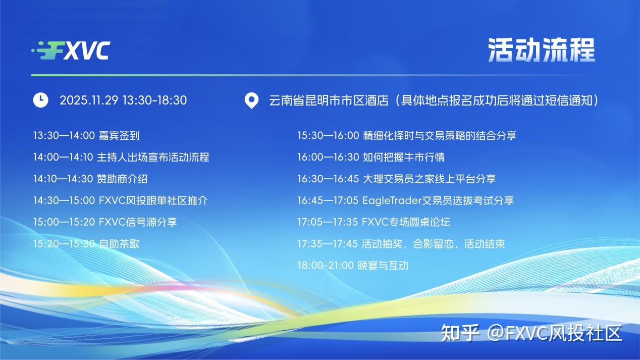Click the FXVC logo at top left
(x=71, y=50)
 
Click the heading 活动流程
(x=541, y=50)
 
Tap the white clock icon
(x=40, y=99)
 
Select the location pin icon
(x=251, y=100)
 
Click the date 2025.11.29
(x=89, y=100)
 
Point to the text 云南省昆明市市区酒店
(x=329, y=100)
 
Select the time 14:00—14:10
(x=63, y=157)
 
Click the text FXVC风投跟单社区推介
(x=153, y=200)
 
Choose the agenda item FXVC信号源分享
(x=138, y=222)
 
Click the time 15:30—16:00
(x=328, y=135)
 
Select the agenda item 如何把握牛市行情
(x=403, y=157)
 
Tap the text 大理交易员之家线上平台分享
(x=429, y=179)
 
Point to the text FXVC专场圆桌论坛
(x=406, y=222)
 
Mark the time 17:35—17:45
(x=328, y=244)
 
